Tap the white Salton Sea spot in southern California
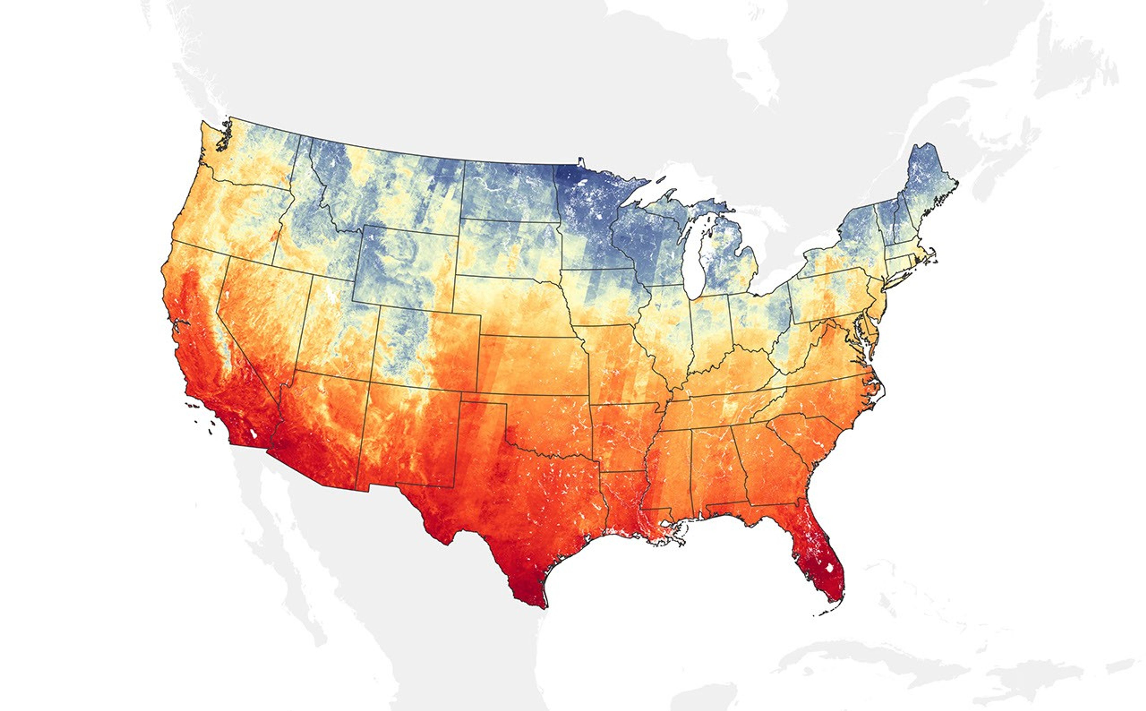coord(254,433)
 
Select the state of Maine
coord(926,188)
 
